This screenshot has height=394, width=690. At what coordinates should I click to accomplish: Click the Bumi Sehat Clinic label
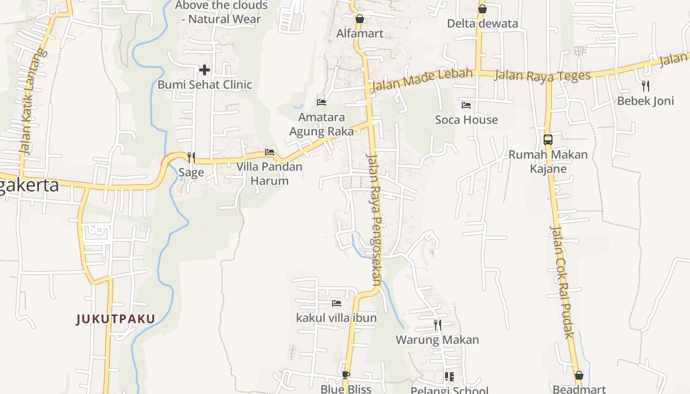click(205, 85)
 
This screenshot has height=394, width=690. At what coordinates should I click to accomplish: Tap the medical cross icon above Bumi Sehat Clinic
click(205, 70)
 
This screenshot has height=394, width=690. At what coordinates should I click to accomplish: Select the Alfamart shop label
click(360, 33)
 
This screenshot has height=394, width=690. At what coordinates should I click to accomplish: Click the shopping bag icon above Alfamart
click(360, 19)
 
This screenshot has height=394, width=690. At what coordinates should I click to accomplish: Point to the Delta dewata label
click(483, 24)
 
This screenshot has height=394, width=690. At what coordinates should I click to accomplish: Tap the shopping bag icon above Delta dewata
click(483, 9)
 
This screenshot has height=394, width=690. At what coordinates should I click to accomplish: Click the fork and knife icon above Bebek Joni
click(646, 86)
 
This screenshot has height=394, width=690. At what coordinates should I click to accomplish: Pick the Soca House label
click(466, 120)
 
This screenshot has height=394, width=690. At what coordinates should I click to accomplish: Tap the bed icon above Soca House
click(466, 105)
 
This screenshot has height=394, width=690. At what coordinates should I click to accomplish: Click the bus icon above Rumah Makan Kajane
click(548, 140)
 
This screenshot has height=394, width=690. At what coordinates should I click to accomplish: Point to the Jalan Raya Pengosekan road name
click(374, 219)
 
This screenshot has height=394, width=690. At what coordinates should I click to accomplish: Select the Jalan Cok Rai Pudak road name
click(562, 282)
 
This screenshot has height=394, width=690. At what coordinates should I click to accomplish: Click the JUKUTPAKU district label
click(116, 319)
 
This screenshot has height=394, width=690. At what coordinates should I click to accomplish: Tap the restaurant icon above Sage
click(191, 158)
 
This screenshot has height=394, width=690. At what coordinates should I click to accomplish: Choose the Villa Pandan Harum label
click(269, 173)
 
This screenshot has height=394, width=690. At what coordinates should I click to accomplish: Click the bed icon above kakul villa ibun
click(337, 303)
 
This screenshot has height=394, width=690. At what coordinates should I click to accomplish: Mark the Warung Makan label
click(437, 340)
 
